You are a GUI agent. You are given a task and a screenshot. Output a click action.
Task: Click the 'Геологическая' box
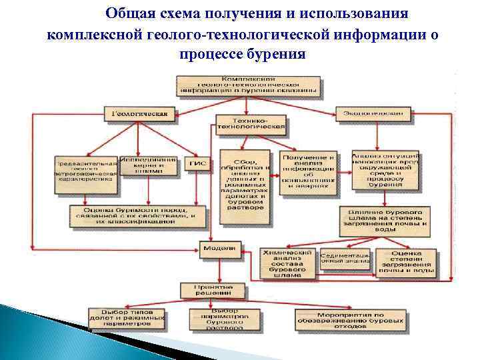coord(139,113)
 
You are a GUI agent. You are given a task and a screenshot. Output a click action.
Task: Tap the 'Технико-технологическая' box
coord(250,123)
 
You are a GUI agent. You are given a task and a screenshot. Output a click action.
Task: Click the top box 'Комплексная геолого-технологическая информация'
coord(249,85)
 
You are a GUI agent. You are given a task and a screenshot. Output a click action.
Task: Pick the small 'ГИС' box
coord(198,163)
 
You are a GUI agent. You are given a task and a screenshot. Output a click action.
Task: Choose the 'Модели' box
coord(218,248)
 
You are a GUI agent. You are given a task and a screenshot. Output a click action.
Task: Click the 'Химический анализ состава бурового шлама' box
coord(287,263)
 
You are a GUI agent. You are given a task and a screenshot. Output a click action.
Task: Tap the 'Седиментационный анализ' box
coord(344,258)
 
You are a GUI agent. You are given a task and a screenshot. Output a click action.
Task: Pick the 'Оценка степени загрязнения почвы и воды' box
coord(406,262)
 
